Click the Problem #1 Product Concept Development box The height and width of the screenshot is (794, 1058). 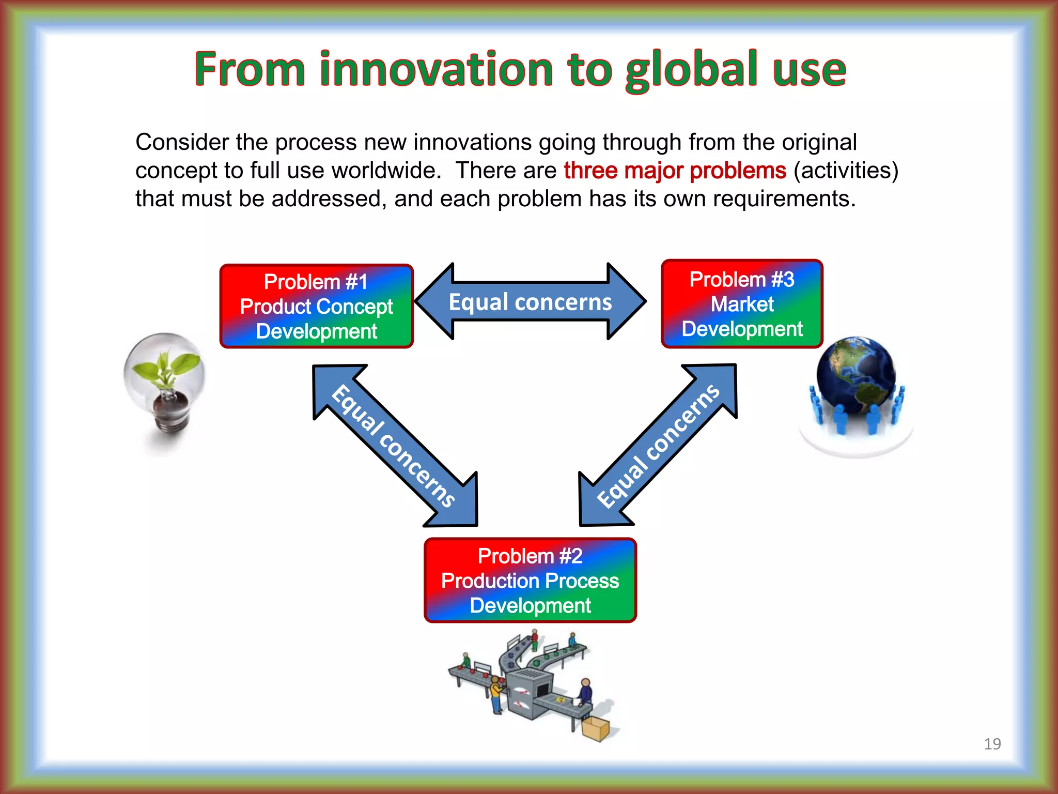(x=316, y=306)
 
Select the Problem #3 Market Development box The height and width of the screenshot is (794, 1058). (x=742, y=304)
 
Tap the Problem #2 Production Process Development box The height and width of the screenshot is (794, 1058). (x=530, y=580)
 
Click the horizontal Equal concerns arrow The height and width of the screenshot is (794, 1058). (x=530, y=301)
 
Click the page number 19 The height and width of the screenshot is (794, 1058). (x=992, y=744)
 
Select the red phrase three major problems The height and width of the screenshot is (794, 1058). (x=675, y=171)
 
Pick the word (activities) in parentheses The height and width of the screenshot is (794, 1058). (x=846, y=171)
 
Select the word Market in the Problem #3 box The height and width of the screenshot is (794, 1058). (x=742, y=304)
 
